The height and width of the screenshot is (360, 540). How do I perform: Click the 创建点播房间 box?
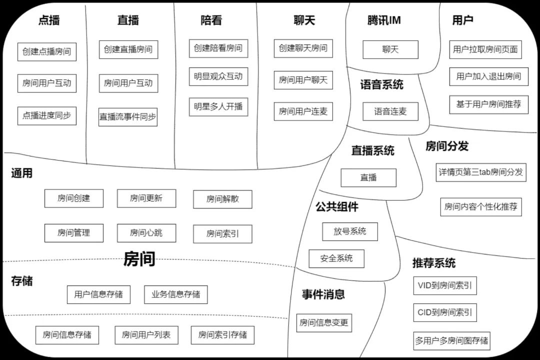click(x=46, y=51)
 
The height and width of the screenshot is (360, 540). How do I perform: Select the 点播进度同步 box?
click(x=46, y=115)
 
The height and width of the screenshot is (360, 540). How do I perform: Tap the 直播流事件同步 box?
click(x=127, y=117)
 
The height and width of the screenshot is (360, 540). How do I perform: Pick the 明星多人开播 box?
click(x=218, y=106)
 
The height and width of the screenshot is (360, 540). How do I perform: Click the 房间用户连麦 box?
click(x=303, y=111)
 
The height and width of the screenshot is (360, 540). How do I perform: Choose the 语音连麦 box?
click(x=390, y=111)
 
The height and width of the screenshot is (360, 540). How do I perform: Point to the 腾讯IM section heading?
click(x=383, y=20)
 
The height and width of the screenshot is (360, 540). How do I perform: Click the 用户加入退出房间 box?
click(x=488, y=76)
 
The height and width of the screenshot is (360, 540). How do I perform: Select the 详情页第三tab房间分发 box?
click(x=481, y=172)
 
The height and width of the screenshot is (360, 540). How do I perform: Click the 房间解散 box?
click(x=222, y=199)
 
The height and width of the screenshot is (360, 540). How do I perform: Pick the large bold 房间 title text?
click(x=139, y=259)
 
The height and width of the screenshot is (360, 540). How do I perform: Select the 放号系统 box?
click(x=349, y=231)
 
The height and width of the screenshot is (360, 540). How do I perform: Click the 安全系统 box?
click(x=336, y=258)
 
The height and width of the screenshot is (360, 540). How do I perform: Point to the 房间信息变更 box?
click(x=323, y=322)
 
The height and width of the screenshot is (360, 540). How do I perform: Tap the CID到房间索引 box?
click(x=444, y=313)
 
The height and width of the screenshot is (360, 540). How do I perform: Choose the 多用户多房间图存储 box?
click(x=451, y=341)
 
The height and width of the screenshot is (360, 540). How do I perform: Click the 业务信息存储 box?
click(x=175, y=294)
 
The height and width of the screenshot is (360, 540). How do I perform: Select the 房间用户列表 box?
click(x=146, y=335)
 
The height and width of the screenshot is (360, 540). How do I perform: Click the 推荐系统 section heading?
click(x=433, y=263)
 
